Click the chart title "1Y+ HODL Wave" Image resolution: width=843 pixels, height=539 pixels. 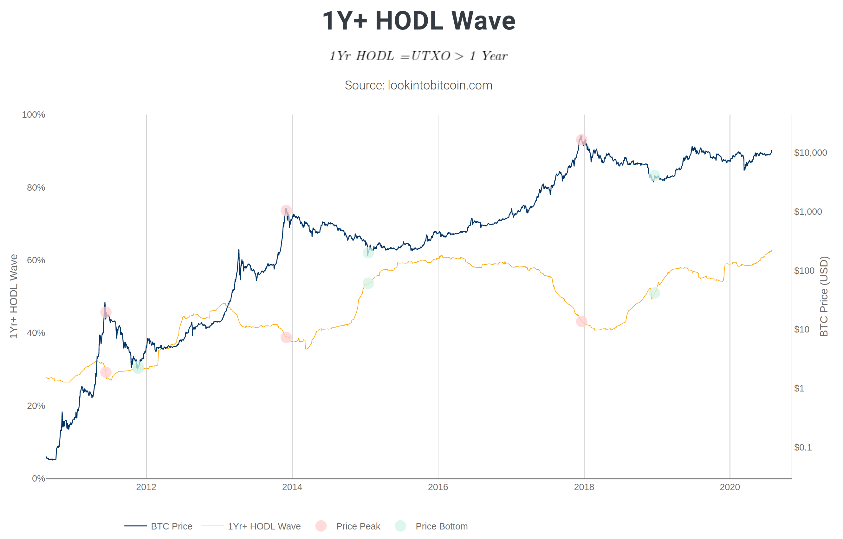[418, 21]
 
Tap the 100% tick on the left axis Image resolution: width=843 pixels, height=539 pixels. [34, 115]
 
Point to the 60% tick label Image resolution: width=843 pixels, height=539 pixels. [36, 260]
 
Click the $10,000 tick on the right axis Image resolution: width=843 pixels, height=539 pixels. [810, 153]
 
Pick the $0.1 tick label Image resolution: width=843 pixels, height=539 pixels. [803, 447]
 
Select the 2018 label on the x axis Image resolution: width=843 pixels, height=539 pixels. [584, 487]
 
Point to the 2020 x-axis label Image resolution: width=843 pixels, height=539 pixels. [730, 487]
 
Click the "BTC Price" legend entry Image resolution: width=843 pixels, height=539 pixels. [172, 526]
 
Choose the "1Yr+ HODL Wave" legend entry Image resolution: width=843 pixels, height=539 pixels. [264, 526]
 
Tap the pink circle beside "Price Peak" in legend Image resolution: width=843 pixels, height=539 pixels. [321, 526]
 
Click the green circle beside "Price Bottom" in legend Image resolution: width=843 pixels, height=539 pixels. [400, 526]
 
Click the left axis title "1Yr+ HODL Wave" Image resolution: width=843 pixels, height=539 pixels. [13, 296]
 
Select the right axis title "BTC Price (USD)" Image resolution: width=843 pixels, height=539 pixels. [824, 296]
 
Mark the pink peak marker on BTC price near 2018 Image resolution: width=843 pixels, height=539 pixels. [581, 140]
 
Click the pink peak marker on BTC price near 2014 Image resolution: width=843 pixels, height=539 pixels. [286, 210]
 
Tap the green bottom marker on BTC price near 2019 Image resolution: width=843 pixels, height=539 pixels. [654, 176]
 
